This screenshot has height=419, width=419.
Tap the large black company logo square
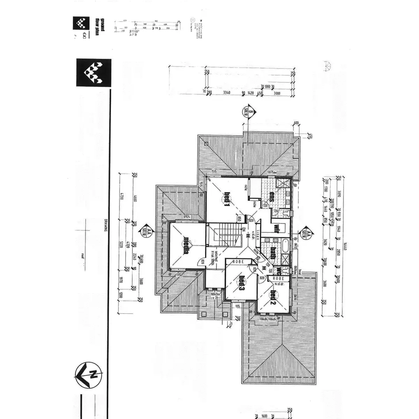94,73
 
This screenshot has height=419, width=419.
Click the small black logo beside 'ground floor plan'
81,23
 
